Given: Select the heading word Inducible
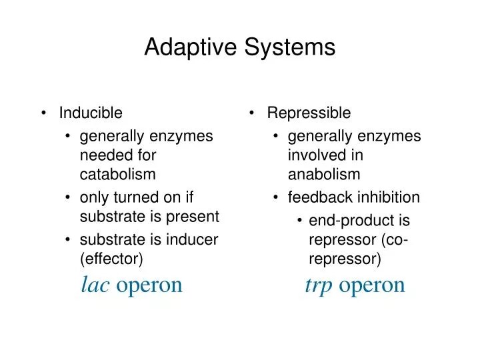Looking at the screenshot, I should pyautogui.click(x=91, y=113).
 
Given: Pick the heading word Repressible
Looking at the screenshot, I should pyautogui.click(x=309, y=113).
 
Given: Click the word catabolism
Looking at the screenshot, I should pyautogui.click(x=117, y=175).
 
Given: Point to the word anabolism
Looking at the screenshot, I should pyautogui.click(x=324, y=175).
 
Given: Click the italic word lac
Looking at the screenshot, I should pyautogui.click(x=95, y=285).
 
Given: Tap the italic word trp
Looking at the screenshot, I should pyautogui.click(x=319, y=285).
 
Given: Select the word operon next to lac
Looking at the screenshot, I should pyautogui.click(x=149, y=285).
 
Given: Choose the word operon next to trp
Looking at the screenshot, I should pyautogui.click(x=372, y=285).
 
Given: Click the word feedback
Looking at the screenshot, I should pyautogui.click(x=316, y=197).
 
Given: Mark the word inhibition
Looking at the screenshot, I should pyautogui.click(x=390, y=197).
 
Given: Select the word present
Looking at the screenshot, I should pyautogui.click(x=197, y=216).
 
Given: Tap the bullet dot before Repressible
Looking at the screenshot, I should pyautogui.click(x=253, y=113).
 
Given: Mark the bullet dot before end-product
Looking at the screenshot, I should pyautogui.click(x=301, y=221).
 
